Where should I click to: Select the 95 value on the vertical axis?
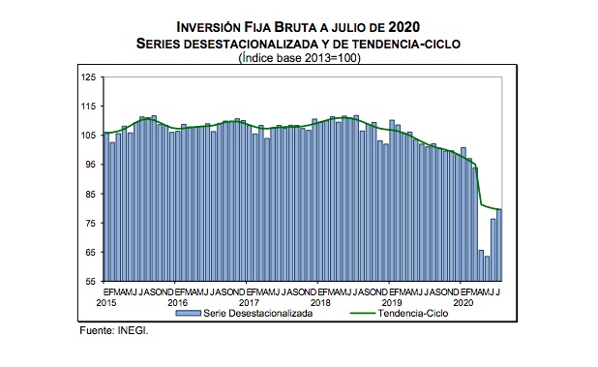point(90,165)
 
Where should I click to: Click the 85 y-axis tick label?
point(90,194)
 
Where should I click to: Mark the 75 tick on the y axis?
point(90,223)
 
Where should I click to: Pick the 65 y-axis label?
point(90,252)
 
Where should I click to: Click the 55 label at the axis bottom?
point(90,281)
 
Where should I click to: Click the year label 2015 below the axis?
point(106,301)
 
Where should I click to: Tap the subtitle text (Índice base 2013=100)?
point(299,57)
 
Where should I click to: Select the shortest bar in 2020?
point(488,268)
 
